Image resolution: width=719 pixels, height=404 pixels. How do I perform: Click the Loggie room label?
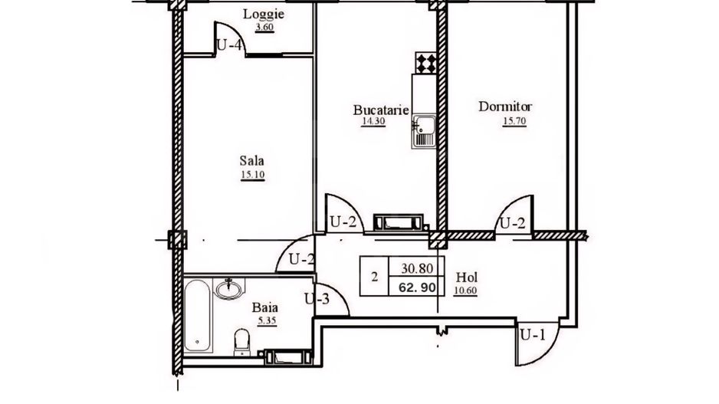tap(258, 14)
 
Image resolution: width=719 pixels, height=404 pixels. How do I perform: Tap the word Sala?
tap(251, 161)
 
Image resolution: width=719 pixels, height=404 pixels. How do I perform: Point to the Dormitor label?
tap(504, 107)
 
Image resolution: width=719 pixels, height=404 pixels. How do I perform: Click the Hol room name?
tap(466, 277)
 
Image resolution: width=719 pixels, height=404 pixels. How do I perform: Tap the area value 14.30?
tap(372, 121)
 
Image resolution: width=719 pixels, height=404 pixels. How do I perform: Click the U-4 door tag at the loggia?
tap(229, 44)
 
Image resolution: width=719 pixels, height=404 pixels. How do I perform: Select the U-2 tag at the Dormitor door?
tap(512, 223)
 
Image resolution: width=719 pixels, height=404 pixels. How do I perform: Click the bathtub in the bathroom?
tap(198, 316)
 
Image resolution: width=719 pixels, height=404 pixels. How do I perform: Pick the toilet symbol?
tap(241, 340)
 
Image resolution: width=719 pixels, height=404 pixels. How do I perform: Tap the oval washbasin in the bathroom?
tap(228, 289)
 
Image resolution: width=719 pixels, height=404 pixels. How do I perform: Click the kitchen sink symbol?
tap(423, 132)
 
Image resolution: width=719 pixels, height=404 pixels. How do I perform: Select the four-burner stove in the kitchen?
tap(425, 61)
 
